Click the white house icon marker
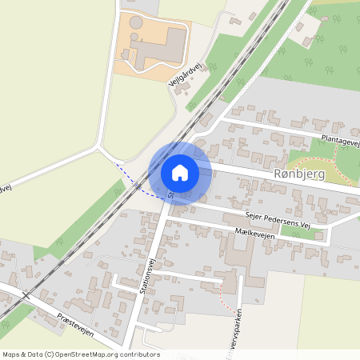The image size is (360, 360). [x=180, y=173]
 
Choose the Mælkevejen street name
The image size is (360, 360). [x=256, y=234]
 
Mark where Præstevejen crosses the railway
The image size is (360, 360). [x=26, y=295]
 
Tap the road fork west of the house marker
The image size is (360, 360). [x=99, y=147]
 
